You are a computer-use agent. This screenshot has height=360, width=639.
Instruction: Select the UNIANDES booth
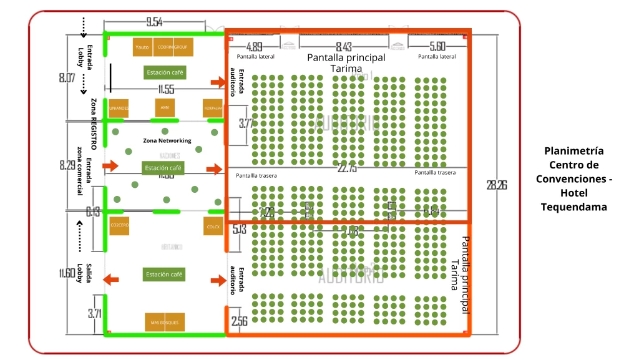pos(118,108)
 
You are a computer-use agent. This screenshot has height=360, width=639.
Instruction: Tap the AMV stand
pos(165,107)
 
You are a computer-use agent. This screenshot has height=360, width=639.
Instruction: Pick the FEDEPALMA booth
pos(212,108)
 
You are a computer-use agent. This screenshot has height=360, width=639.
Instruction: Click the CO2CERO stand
pos(119,225)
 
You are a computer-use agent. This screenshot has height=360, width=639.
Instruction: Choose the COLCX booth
pos(213,226)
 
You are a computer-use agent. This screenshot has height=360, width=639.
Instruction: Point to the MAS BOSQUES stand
pos(165,322)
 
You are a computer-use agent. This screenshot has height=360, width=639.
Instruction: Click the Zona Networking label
pos(167,140)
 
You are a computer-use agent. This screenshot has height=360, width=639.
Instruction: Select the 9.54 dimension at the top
pos(154,22)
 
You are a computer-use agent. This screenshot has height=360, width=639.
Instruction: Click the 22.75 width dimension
pos(347,168)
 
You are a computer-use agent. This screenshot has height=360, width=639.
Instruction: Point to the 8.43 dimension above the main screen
pos(344,47)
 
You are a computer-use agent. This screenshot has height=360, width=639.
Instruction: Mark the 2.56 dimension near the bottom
pos(239,322)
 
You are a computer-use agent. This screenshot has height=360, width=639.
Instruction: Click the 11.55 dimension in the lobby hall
pos(165,89)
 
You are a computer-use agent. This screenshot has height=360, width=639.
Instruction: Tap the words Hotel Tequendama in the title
pos(574,200)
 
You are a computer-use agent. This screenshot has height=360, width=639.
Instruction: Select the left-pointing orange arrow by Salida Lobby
pos(110,280)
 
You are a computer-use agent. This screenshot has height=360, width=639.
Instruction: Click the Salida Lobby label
pos(84,269)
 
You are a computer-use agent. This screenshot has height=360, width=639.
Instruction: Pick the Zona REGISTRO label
pos(94,124)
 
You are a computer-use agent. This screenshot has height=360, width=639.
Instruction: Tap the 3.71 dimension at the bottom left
pos(94,313)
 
